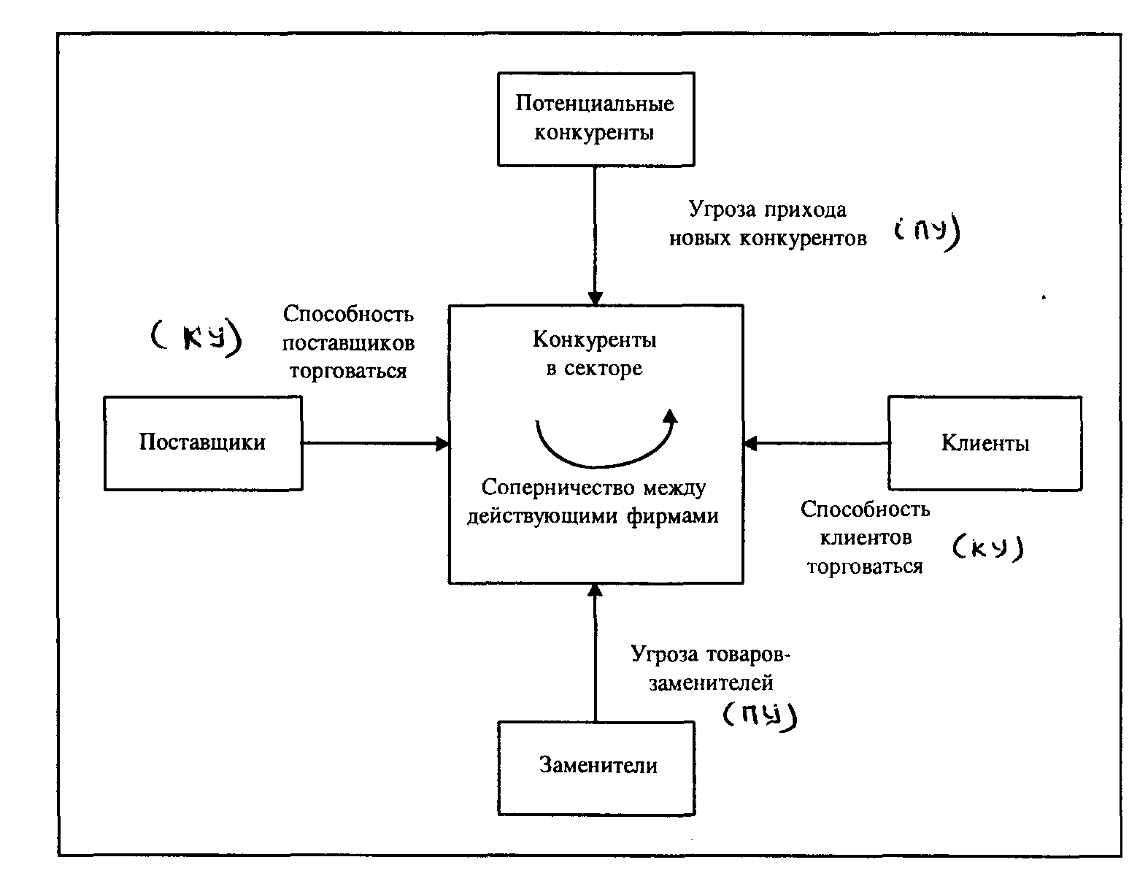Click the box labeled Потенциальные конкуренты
coord(595,119)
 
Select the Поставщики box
coord(203,442)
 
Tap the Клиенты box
coord(984,443)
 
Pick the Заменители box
coord(596,768)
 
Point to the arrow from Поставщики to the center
coord(375,443)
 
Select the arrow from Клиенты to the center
coord(816,443)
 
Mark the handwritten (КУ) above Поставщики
coord(195,338)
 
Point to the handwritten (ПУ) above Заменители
coord(760,715)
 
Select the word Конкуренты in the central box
coord(594,340)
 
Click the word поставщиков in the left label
coord(348,342)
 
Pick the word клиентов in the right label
coord(866,538)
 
